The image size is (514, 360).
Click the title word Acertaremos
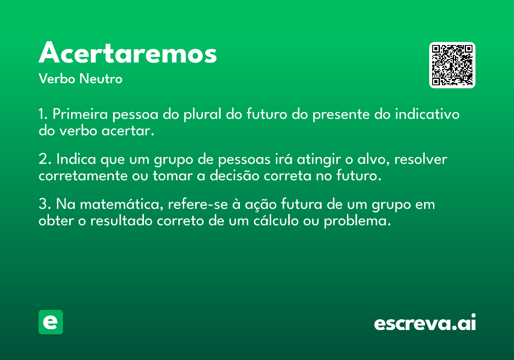[128, 52]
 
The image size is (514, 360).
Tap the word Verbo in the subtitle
[57, 78]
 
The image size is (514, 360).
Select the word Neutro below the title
[101, 78]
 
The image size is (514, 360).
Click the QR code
[452, 65]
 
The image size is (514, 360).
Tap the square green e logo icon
[51, 322]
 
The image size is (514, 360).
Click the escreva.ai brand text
[425, 322]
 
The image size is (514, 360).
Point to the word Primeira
[80, 114]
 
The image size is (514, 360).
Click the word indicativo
[427, 114]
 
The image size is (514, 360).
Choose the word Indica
[76, 159]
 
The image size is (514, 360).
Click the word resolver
[420, 159]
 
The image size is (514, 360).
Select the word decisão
[235, 175]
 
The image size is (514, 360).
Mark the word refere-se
[198, 204]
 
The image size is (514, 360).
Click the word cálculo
[276, 220]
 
